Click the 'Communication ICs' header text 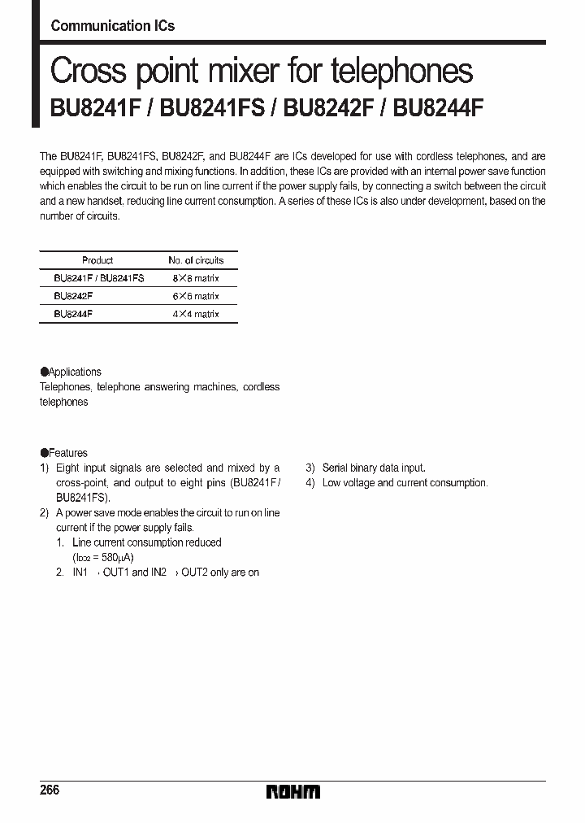(x=112, y=26)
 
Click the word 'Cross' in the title (x=88, y=72)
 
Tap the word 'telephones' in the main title (x=402, y=72)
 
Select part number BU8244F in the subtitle (x=438, y=110)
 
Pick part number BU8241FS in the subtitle (x=212, y=110)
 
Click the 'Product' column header (x=97, y=260)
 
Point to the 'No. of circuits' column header (x=196, y=260)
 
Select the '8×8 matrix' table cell (x=196, y=278)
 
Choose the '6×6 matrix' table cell (x=196, y=296)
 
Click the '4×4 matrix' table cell (x=196, y=314)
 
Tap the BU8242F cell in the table (x=73, y=296)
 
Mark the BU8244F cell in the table (x=73, y=314)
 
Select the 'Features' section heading (x=67, y=453)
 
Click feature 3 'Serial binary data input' (x=373, y=468)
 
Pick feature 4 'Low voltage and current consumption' (x=405, y=483)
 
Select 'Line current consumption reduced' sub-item (x=146, y=542)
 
